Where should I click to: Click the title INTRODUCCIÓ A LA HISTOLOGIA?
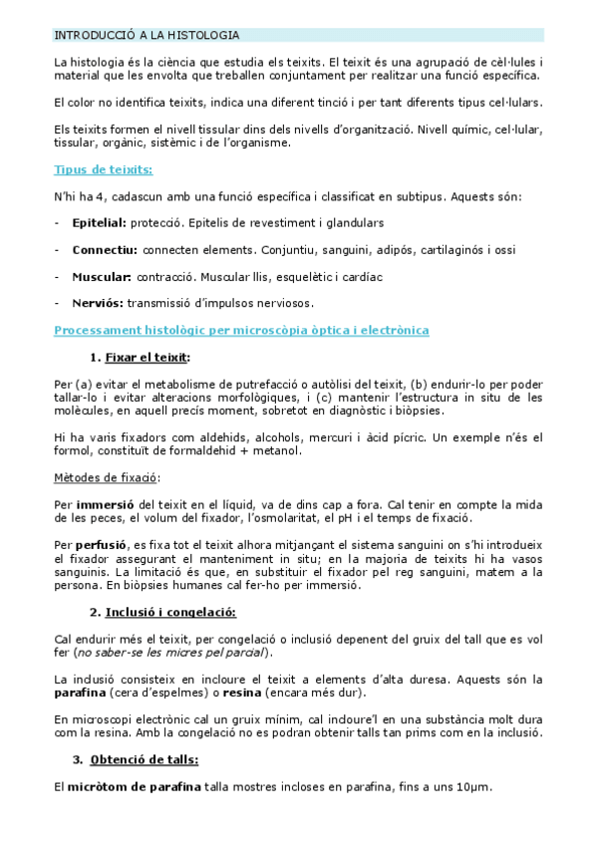pyautogui.click(x=147, y=35)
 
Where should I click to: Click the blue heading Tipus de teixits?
pyautogui.click(x=104, y=169)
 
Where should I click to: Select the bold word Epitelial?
pyautogui.click(x=99, y=223)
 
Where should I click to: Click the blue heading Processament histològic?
pyautogui.click(x=242, y=329)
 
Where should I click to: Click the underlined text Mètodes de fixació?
pyautogui.click(x=105, y=477)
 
